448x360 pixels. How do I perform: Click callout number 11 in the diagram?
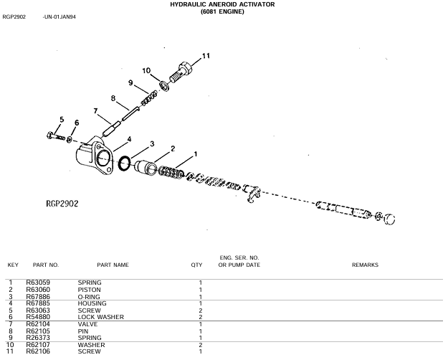coord(206,56)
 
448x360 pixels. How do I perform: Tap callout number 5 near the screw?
coord(62,120)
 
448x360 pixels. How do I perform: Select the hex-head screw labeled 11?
coord(181,71)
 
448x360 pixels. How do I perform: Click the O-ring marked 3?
coord(125,164)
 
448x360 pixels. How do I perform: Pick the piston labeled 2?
coord(146,168)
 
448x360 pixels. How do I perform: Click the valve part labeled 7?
coord(111,128)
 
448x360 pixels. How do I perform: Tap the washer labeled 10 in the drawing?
coord(164,85)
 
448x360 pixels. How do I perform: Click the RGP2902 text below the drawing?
coord(62,204)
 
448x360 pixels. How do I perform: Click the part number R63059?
coord(38,283)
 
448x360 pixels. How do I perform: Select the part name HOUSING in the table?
coord(92,303)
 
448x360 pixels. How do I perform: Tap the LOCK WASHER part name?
coord(101,317)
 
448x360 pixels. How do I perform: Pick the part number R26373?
coord(38,338)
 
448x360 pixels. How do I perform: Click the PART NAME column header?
coord(113,265)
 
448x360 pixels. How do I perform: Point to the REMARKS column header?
coord(365,265)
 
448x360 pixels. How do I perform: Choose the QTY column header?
coord(196,265)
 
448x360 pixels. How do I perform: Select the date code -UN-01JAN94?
coord(59,17)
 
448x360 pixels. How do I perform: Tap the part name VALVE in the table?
coord(87,324)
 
